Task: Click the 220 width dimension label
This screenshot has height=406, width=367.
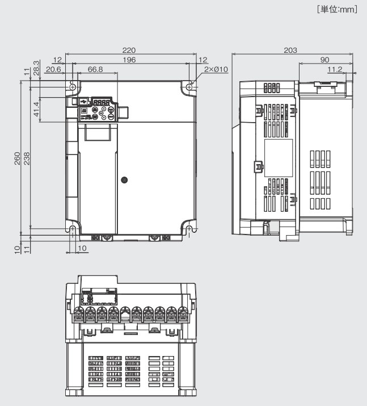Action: point(132,50)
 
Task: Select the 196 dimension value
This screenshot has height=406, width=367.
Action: point(132,60)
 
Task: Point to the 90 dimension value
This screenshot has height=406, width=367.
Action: point(324,60)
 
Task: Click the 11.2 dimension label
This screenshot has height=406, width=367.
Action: point(335,69)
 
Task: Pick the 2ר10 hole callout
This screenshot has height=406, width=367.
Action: point(216,69)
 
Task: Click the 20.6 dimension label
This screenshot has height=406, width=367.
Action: point(53,69)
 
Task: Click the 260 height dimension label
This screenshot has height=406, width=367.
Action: point(18,157)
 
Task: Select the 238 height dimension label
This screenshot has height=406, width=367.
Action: point(27,157)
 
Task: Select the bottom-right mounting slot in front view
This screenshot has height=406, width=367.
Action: point(189,229)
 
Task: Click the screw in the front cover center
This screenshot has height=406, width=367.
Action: point(125,179)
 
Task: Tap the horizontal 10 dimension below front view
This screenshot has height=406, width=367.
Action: point(82,248)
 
